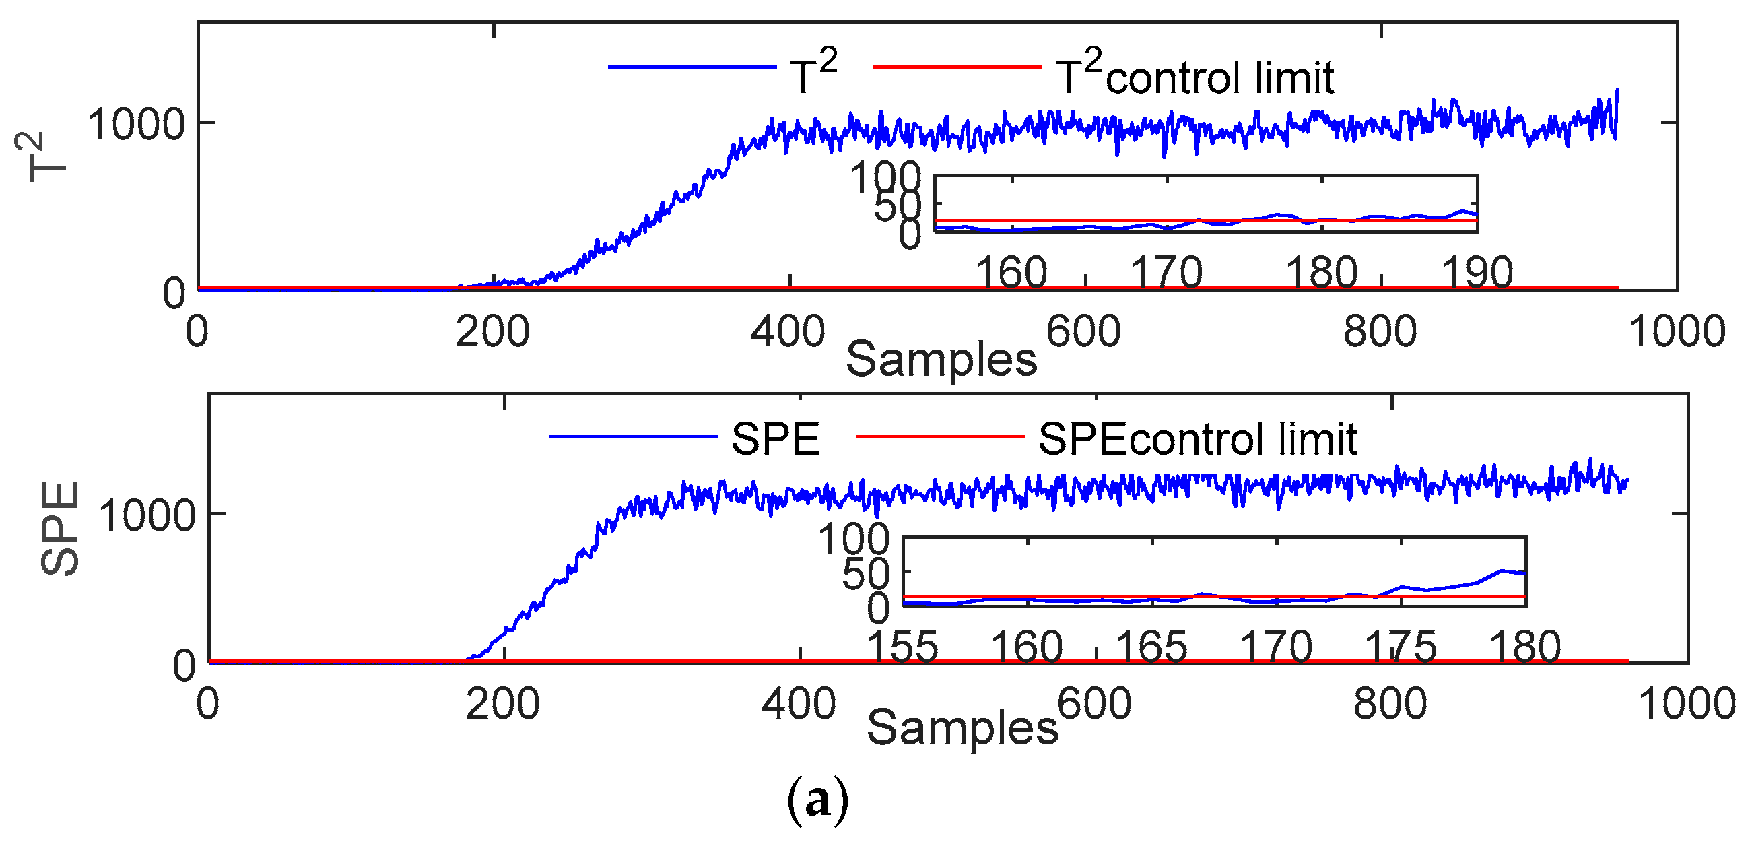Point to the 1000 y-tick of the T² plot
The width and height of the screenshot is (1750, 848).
click(x=137, y=125)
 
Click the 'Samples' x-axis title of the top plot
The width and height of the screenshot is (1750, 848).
click(x=941, y=359)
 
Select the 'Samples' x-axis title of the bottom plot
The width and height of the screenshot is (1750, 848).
click(x=962, y=727)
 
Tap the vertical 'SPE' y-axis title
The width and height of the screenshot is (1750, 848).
click(x=60, y=529)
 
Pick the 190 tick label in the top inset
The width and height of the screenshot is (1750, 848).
click(x=1477, y=273)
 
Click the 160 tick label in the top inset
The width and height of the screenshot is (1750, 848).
click(x=1011, y=273)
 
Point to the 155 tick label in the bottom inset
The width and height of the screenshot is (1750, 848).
click(x=903, y=646)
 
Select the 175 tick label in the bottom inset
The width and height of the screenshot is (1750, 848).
click(x=1401, y=646)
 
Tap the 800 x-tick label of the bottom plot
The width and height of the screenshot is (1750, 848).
click(x=1390, y=703)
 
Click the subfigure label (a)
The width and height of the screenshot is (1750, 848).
click(x=817, y=800)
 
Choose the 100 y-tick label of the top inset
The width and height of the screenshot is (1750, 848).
click(x=885, y=178)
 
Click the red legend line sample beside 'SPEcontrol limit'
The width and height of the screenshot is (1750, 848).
click(x=940, y=436)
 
